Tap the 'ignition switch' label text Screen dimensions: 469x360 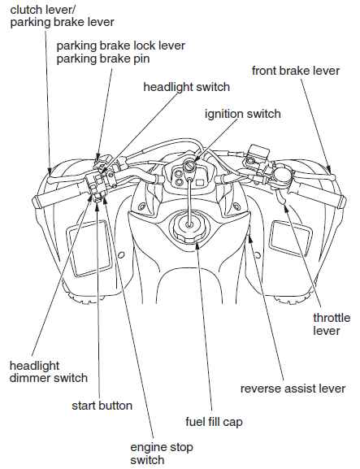pos(243,114)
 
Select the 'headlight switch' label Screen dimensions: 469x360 pos(186,86)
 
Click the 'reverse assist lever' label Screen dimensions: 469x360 pos(293,389)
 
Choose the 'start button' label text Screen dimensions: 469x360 pos(102,405)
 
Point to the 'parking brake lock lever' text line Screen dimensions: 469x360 pos(120,46)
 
